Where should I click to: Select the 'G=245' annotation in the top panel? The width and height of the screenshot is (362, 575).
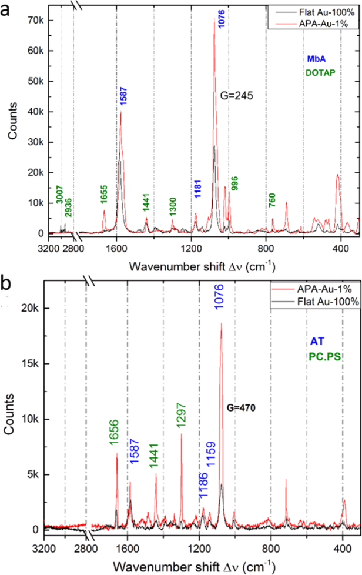click(236, 96)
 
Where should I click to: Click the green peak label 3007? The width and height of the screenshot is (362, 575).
click(60, 209)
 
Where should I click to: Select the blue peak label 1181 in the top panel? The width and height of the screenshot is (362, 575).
click(197, 193)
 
